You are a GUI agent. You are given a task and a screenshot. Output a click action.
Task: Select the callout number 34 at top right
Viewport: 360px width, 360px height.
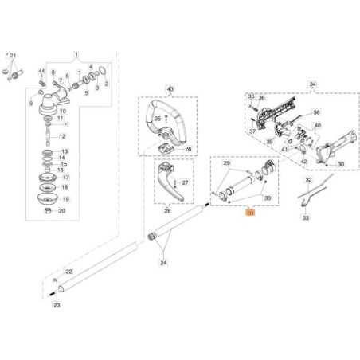312,84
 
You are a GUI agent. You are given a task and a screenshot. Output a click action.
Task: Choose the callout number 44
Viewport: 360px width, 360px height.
41,72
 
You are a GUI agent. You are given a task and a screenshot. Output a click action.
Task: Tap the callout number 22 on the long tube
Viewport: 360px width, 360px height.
68,272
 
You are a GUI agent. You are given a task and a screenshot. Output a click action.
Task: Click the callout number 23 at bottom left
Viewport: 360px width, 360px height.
56,304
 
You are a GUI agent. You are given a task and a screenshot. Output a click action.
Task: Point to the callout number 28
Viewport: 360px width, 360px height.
168,210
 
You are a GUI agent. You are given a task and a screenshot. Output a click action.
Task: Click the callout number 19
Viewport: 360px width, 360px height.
65,199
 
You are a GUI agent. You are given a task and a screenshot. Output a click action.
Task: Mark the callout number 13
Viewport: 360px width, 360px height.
65,151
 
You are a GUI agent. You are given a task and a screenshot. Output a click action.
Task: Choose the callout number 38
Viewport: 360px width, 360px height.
315,113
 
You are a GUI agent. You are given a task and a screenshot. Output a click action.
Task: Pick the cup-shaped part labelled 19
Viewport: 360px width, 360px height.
48,197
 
